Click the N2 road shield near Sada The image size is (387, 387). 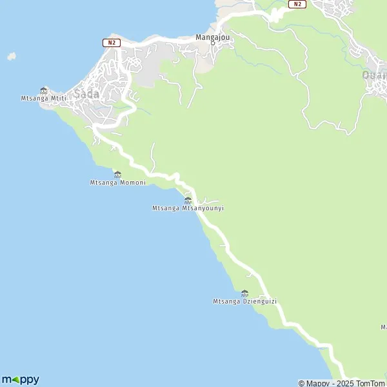click(112, 43)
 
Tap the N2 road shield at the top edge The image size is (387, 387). click(296, 4)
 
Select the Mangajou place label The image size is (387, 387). click(213, 37)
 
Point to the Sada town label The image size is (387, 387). click(86, 94)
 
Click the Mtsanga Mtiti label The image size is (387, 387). click(44, 99)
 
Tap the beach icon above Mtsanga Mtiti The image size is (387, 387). click(44, 90)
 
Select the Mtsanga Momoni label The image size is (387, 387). click(117, 183)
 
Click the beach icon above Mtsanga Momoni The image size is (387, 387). click(117, 174)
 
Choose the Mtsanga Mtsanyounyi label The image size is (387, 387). click(188, 208)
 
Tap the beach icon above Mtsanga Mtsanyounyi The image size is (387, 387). click(188, 200)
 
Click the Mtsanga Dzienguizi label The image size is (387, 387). click(244, 301)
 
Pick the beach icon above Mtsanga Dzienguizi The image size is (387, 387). click(244, 293)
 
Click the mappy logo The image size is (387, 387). click(20, 379)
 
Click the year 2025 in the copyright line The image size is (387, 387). click(341, 383)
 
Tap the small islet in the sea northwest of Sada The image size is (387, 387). click(11, 57)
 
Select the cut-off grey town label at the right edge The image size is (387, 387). click(374, 75)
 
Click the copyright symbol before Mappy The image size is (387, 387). click(301, 383)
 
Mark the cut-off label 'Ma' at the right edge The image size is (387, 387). click(383, 327)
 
